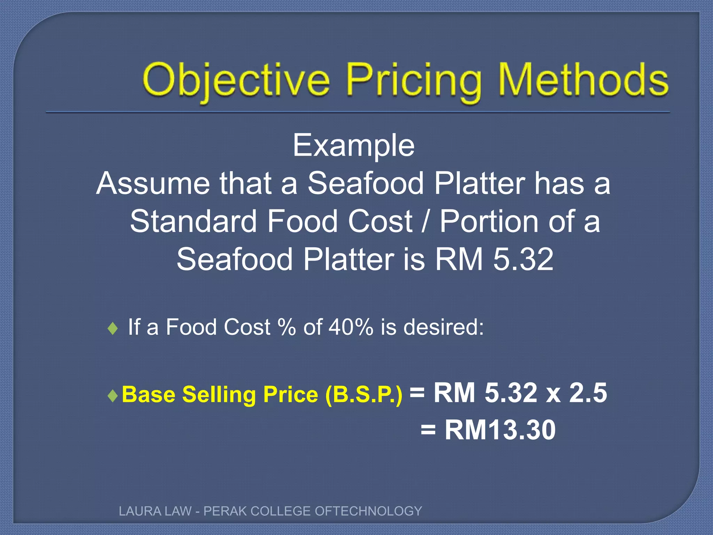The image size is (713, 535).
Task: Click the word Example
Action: click(x=353, y=145)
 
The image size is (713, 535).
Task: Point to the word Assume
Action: click(x=153, y=184)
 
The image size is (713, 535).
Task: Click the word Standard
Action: click(x=193, y=222)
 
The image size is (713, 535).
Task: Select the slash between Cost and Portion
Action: click(x=424, y=222)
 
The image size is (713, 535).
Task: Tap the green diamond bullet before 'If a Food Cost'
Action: click(x=113, y=328)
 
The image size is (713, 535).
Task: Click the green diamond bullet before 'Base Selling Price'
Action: click(x=113, y=395)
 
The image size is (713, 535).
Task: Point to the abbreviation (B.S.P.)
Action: click(x=364, y=395)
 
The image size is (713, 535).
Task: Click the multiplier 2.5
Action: click(x=588, y=393)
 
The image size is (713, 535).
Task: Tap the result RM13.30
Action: click(x=500, y=430)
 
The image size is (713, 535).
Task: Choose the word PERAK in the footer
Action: click(x=225, y=511)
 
